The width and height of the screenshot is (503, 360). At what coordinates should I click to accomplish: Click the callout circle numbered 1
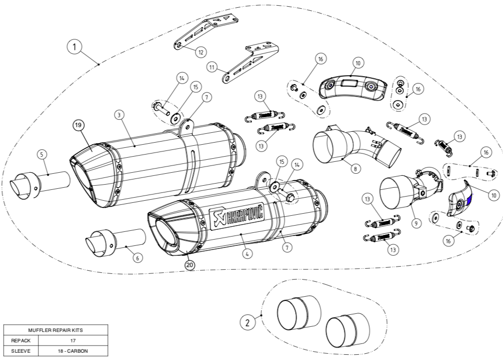coord(75,47)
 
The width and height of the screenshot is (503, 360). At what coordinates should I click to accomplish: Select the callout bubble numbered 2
coord(247,323)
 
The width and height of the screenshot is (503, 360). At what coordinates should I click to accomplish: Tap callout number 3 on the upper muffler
coord(119,114)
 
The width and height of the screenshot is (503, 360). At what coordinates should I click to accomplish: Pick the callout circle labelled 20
coord(190,265)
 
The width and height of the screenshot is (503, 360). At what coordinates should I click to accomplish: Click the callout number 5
coord(42,155)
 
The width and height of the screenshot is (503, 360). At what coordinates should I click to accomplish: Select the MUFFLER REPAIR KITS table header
coord(56,329)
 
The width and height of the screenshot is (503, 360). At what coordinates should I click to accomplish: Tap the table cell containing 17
coord(73,341)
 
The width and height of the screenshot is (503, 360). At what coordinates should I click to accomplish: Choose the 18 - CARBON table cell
coord(73,351)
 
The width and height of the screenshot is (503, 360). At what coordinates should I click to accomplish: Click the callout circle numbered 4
coord(247,254)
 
